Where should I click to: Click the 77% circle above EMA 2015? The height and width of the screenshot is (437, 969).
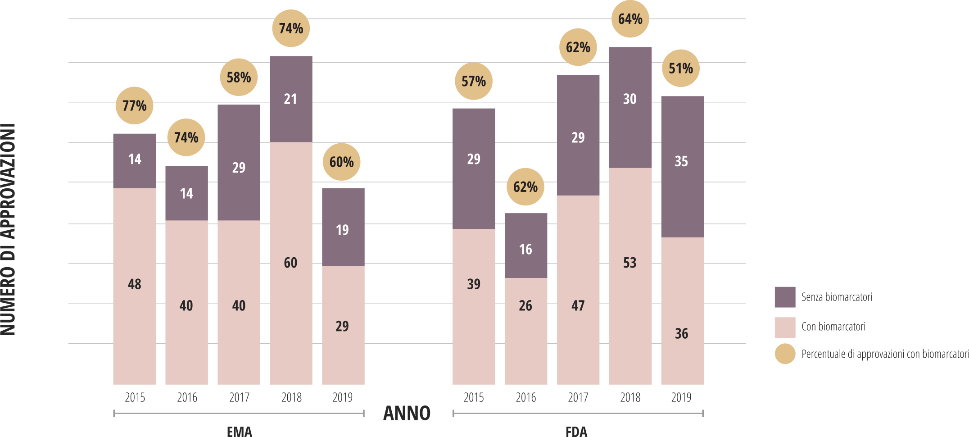pyautogui.click(x=134, y=106)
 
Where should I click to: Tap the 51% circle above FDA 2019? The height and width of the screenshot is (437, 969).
pyautogui.click(x=680, y=68)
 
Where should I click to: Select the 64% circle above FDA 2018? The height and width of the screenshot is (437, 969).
pyautogui.click(x=630, y=19)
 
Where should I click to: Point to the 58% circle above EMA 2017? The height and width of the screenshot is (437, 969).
pyautogui.click(x=239, y=77)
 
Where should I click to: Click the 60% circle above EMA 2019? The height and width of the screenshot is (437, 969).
pyautogui.click(x=341, y=162)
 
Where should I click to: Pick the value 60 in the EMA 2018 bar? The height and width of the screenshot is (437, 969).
pyautogui.click(x=290, y=263)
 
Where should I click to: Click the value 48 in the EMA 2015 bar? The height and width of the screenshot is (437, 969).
pyautogui.click(x=134, y=284)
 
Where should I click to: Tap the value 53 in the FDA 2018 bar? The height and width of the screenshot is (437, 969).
pyautogui.click(x=629, y=263)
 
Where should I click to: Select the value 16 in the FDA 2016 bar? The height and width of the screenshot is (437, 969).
pyautogui.click(x=525, y=249)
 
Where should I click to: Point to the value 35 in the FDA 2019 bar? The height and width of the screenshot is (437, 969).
pyautogui.click(x=681, y=161)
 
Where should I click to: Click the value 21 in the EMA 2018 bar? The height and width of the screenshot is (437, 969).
pyautogui.click(x=290, y=99)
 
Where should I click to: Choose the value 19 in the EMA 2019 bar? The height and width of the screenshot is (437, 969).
pyautogui.click(x=342, y=230)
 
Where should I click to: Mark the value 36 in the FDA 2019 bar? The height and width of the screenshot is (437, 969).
pyautogui.click(x=681, y=334)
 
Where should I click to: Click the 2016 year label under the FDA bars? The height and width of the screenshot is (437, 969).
pyautogui.click(x=525, y=397)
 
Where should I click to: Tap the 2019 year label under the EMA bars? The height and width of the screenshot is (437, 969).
pyautogui.click(x=342, y=397)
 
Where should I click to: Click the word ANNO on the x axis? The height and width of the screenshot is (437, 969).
pyautogui.click(x=407, y=413)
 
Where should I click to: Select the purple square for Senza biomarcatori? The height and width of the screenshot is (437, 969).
pyautogui.click(x=785, y=297)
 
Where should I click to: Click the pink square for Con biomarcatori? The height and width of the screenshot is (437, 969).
pyautogui.click(x=785, y=327)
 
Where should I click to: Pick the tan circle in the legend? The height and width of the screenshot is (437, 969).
pyautogui.click(x=785, y=354)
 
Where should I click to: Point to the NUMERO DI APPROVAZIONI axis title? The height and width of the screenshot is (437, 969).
pyautogui.click(x=8, y=230)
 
